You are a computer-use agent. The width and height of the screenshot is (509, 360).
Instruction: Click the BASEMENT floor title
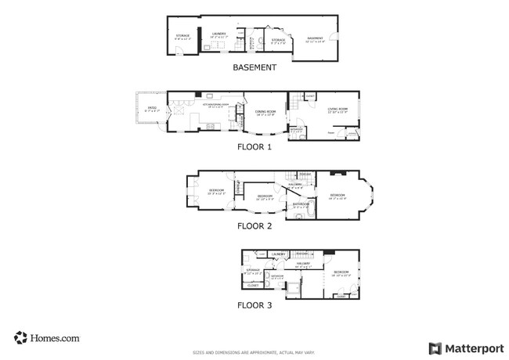point(254,67)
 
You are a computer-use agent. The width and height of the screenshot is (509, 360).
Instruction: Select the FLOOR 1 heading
point(254,146)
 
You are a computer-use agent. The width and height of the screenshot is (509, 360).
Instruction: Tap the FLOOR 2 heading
point(254,226)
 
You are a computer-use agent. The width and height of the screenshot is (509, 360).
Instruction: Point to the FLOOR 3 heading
point(254,305)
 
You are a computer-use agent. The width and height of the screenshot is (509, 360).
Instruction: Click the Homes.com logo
point(46,338)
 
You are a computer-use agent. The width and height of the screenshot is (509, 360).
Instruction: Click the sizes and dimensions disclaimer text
point(254,352)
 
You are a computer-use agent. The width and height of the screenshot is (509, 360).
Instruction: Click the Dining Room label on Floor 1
point(266,113)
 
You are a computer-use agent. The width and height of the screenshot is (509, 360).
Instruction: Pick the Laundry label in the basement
point(219,34)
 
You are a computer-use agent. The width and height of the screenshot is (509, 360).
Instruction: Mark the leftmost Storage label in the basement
point(182,36)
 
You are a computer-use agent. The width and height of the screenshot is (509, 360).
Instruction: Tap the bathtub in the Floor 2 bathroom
point(309,211)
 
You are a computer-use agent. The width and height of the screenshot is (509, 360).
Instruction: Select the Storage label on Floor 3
point(253,271)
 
